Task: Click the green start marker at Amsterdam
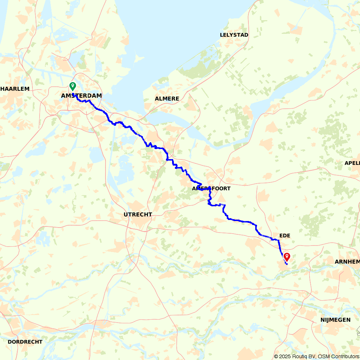click(73, 86)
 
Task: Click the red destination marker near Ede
click(287, 257)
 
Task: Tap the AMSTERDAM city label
click(81, 96)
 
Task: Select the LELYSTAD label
click(234, 35)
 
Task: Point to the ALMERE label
click(167, 99)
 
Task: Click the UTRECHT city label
click(138, 215)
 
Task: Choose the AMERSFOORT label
click(211, 189)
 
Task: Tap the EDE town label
click(284, 236)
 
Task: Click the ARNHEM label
click(347, 262)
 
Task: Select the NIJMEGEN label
click(336, 320)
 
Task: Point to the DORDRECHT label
click(25, 342)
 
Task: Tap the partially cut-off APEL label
click(352, 163)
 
